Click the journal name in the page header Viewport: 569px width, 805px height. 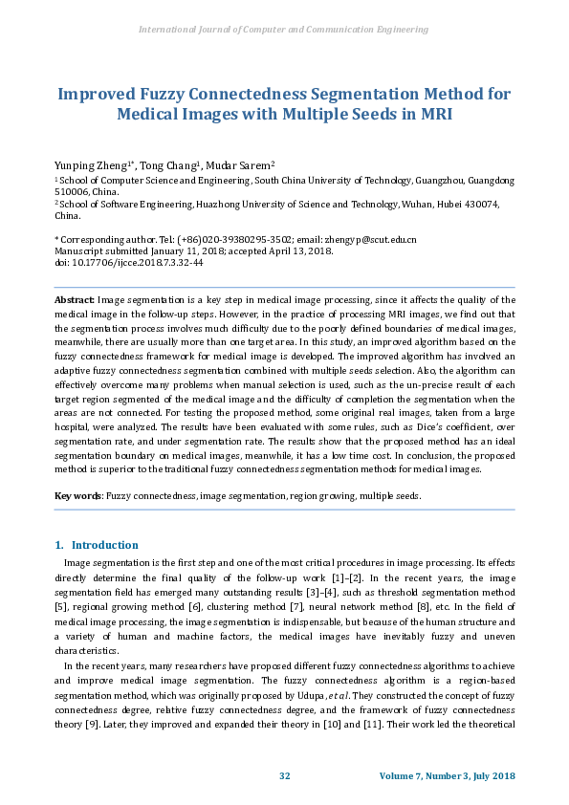[284, 30]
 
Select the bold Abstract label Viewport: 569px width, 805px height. [75, 299]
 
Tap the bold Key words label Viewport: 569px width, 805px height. [78, 496]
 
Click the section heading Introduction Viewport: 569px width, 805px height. [105, 545]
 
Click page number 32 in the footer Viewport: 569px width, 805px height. [284, 775]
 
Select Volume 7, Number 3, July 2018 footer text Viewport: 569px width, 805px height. [447, 775]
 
